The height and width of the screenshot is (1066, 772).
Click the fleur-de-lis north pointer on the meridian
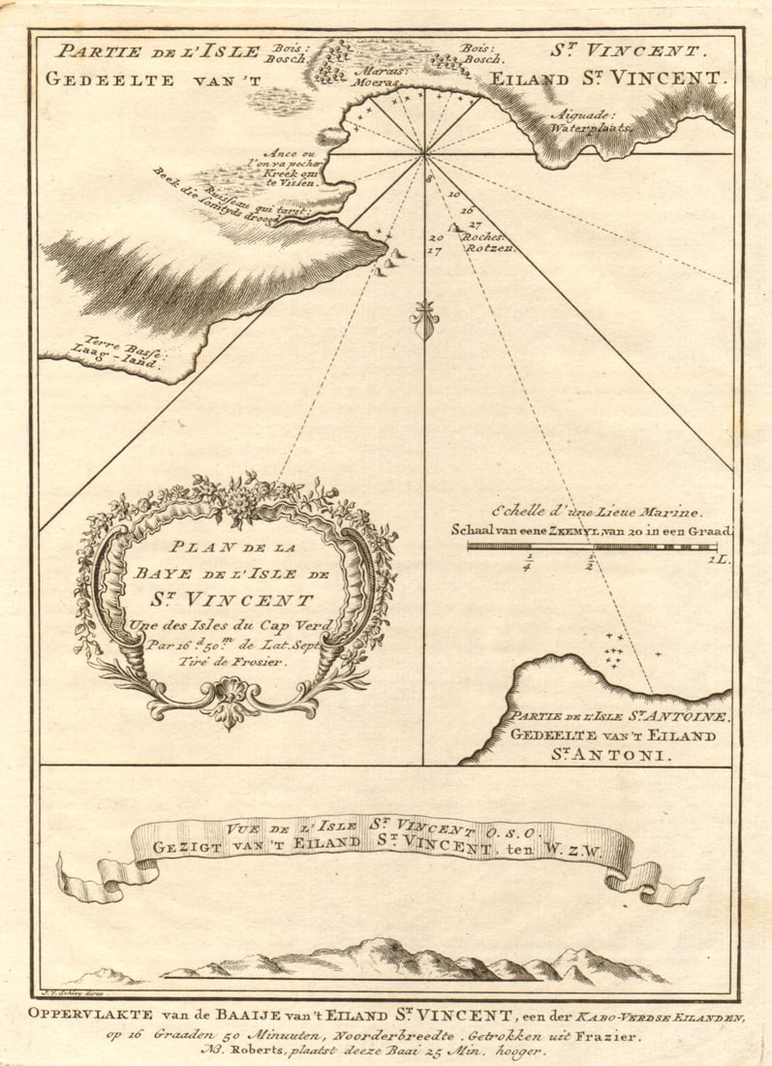424,318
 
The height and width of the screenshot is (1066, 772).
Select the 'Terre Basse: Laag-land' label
124,348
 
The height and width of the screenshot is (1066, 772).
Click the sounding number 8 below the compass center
428,179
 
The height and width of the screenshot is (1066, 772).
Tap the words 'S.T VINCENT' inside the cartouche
235,600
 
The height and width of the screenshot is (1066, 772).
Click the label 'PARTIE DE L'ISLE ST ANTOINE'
619,717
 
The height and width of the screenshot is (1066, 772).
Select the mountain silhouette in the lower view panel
407,960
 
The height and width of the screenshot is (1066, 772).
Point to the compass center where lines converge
424,153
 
